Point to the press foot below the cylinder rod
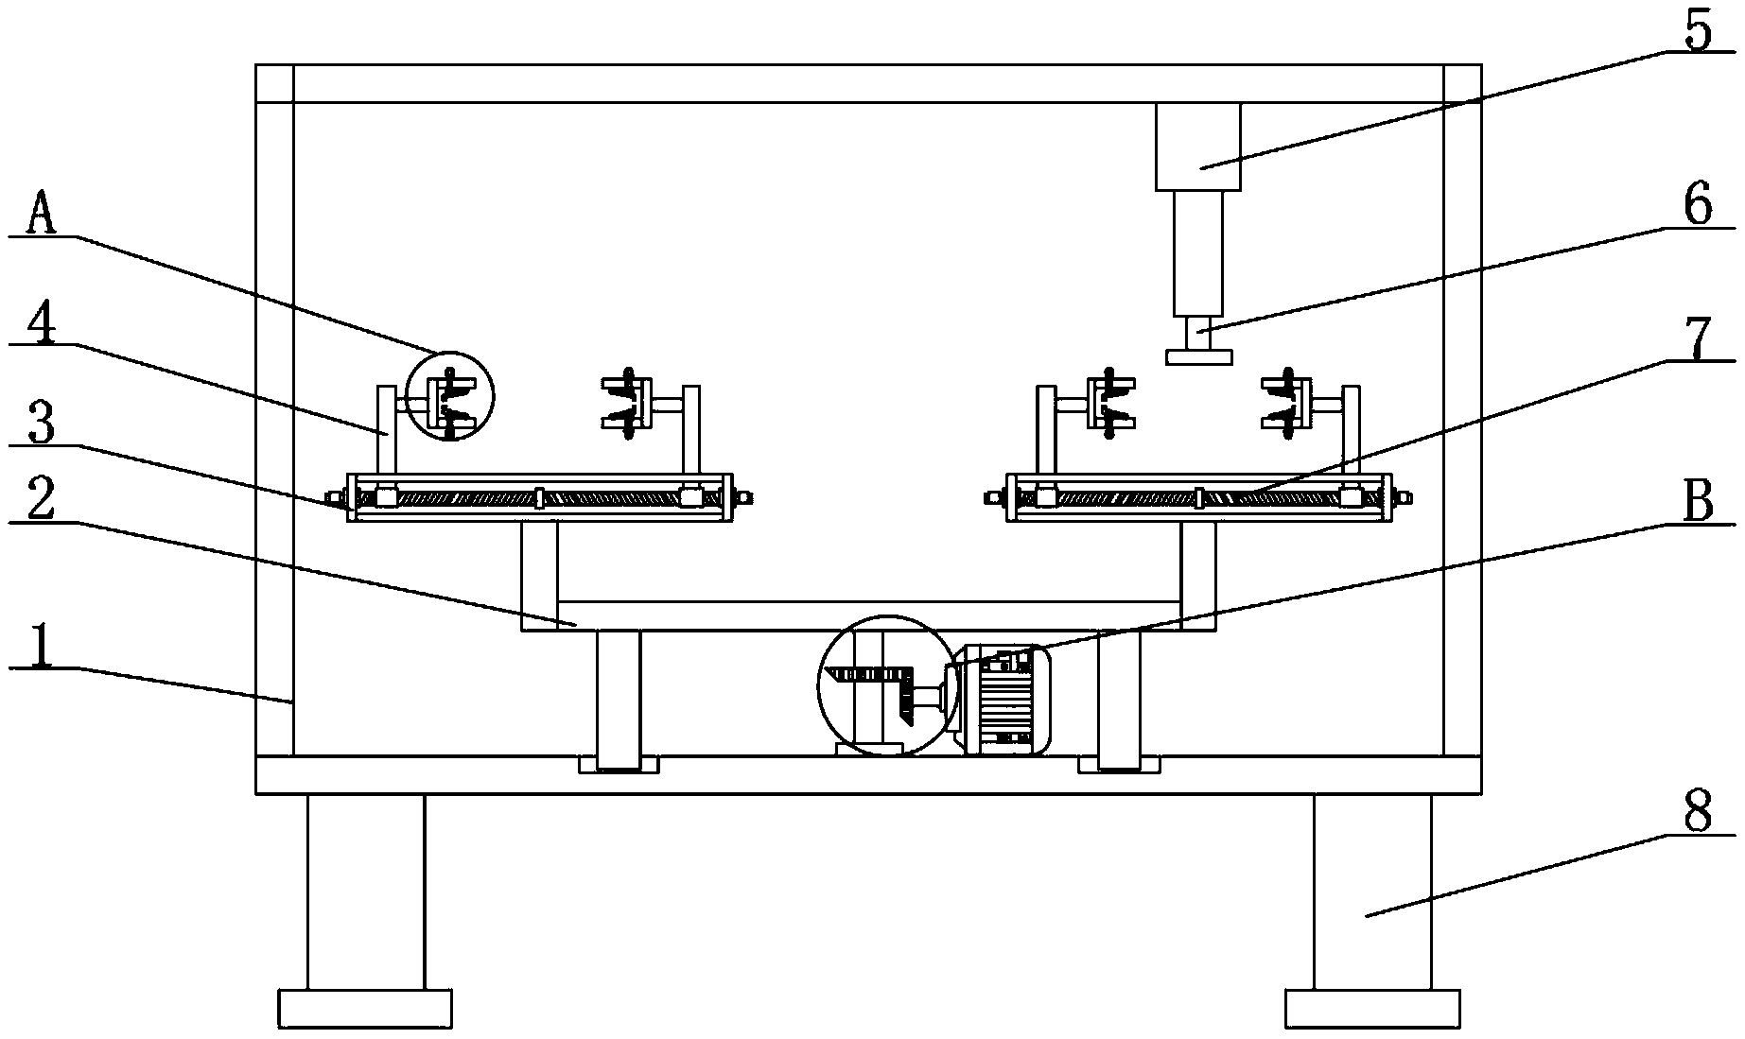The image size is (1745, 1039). (x=1199, y=356)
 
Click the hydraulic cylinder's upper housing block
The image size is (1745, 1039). (x=1197, y=146)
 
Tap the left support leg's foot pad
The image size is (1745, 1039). (x=365, y=1009)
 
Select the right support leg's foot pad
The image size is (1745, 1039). (x=1372, y=1009)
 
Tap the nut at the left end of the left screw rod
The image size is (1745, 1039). (x=335, y=496)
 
